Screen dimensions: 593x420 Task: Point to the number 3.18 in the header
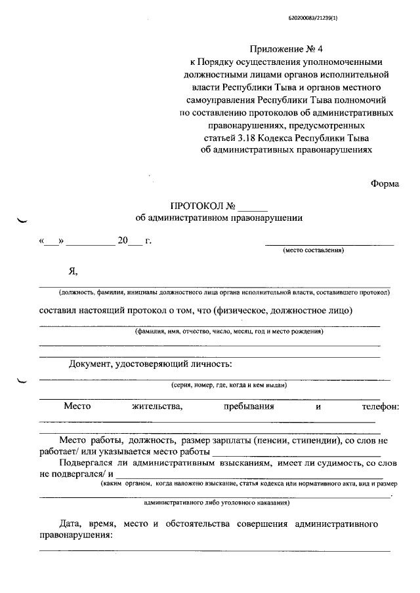click(250, 138)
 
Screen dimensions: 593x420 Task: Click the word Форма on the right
click(385, 183)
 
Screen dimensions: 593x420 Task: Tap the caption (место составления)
click(313, 251)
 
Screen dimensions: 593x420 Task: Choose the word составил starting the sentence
click(60, 310)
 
